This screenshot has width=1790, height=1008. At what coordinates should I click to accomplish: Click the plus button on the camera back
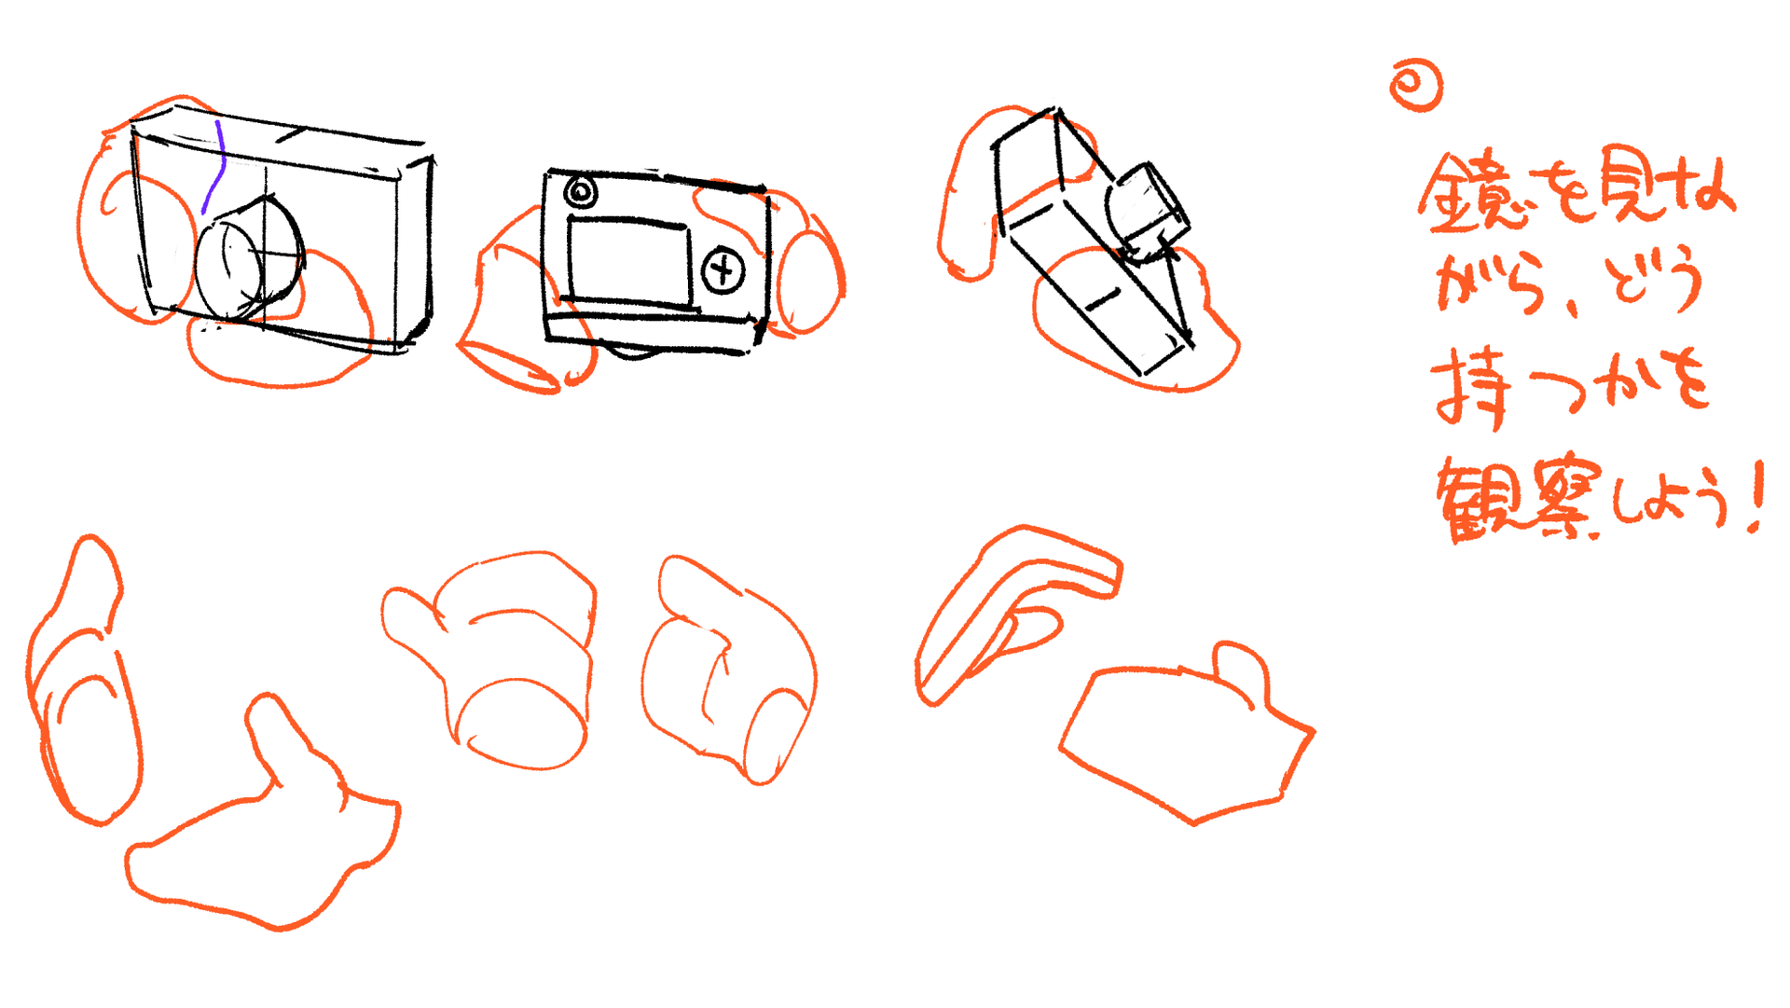pyautogui.click(x=723, y=271)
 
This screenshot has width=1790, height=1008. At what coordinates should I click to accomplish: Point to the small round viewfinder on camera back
pyautogui.click(x=581, y=193)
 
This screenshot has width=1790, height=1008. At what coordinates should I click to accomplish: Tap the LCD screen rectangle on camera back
pyautogui.click(x=629, y=263)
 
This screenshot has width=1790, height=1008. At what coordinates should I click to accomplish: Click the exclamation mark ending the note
pyautogui.click(x=1756, y=496)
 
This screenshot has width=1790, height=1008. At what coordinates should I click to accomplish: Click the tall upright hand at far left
pyautogui.click(x=84, y=681)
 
